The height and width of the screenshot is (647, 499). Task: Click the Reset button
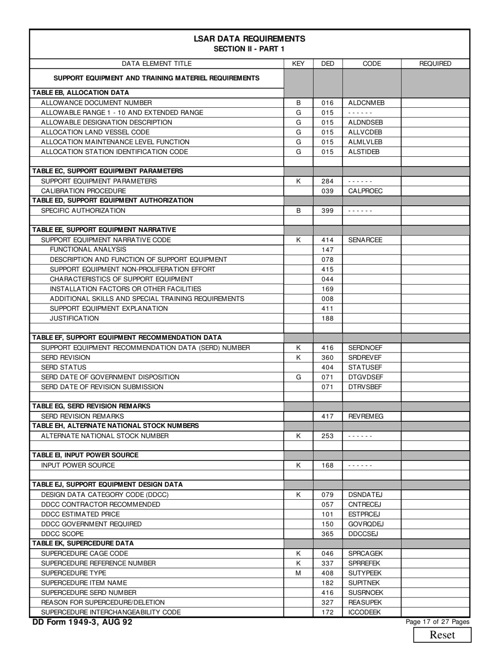tap(442, 634)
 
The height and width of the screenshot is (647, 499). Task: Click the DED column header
tap(327, 64)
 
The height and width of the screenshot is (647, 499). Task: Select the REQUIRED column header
tap(435, 64)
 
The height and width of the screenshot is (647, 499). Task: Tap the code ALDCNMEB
tap(366, 103)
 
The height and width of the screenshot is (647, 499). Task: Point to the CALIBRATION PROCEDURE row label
tap(83, 191)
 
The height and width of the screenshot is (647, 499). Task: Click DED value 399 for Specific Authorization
tap(327, 210)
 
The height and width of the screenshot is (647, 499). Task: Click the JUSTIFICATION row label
tap(74, 318)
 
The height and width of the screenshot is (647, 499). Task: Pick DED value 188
tap(327, 318)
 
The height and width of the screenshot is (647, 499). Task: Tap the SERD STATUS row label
tap(64, 367)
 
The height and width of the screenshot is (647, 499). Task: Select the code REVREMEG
tap(366, 416)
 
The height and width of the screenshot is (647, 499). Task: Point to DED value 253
tap(327, 436)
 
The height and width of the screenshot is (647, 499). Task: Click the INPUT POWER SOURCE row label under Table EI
tap(78, 466)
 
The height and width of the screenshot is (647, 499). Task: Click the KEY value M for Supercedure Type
tap(298, 573)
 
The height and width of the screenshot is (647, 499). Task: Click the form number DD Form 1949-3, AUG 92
tap(82, 622)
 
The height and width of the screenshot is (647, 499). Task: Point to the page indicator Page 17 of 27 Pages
tap(438, 622)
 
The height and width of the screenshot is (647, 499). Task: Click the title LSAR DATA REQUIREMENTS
tap(249, 39)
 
